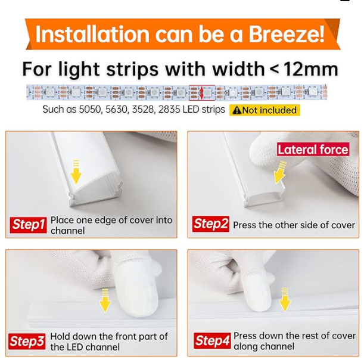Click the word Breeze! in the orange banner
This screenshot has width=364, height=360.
(x=287, y=34)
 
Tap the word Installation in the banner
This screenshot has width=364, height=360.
(x=92, y=34)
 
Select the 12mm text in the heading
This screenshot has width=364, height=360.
(x=311, y=69)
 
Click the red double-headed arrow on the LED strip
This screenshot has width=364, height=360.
(x=201, y=93)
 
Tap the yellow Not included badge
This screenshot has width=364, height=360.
(x=265, y=110)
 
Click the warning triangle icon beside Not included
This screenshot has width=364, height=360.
(x=237, y=110)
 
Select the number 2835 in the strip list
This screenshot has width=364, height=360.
(x=169, y=110)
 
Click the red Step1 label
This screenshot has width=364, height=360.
(x=29, y=225)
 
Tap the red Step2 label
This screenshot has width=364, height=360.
(x=211, y=224)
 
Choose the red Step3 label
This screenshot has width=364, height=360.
(x=27, y=341)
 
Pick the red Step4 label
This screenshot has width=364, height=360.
(x=213, y=340)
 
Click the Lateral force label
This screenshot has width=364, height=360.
(x=313, y=150)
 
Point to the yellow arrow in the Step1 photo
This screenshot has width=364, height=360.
(x=76, y=172)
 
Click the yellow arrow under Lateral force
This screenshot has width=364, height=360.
(x=280, y=172)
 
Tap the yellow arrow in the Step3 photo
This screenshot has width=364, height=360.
(x=105, y=300)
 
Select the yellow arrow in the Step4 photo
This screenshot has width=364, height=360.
(x=285, y=300)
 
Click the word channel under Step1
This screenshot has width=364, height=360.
(x=67, y=231)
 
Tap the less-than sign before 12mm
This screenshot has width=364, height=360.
(x=275, y=69)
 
